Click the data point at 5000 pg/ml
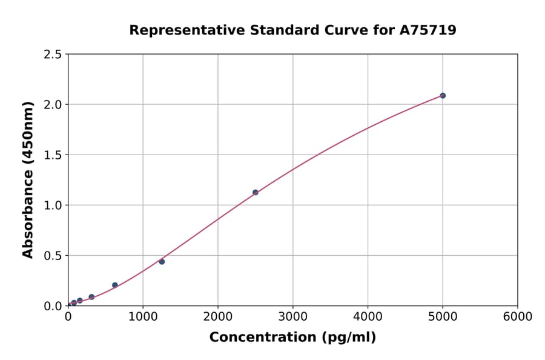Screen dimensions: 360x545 coord(443,96)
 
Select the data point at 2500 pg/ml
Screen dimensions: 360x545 coord(256,193)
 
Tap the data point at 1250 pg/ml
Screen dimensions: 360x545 coord(162,262)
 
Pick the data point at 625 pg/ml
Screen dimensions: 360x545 coord(115,285)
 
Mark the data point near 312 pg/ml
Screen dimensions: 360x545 coord(91,297)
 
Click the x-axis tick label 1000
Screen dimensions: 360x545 coord(143,317)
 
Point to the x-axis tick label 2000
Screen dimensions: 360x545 coord(218,317)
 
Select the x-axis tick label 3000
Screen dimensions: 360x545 coord(293,317)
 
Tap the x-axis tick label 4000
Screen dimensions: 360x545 coord(368,317)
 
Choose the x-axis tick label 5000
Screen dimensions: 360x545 coord(443,317)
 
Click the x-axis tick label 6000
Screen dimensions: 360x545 coord(518,317)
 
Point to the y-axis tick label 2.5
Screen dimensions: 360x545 coord(52,55)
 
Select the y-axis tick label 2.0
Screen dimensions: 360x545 coord(52,105)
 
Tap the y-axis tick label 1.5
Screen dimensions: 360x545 coord(52,155)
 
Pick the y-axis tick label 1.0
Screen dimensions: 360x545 coord(52,205)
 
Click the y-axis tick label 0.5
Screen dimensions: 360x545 coord(52,256)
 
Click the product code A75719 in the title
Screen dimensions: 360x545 coord(428,30)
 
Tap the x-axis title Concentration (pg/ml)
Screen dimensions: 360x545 coord(292,338)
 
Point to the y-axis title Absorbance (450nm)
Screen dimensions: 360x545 coord(28,179)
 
